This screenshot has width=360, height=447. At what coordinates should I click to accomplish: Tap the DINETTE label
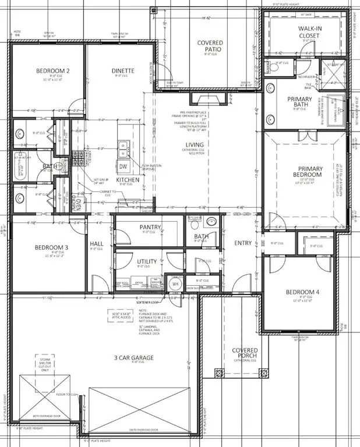click(123, 71)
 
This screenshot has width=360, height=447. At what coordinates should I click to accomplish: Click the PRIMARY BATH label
click(300, 102)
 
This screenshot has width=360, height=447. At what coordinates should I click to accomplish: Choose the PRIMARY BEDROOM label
click(306, 172)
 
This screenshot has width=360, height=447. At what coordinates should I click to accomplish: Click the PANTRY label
click(150, 227)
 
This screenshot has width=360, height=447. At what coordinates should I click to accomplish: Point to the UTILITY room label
click(147, 262)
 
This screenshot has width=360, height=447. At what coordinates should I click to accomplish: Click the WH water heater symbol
click(174, 285)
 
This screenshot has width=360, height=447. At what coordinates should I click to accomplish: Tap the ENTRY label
click(243, 243)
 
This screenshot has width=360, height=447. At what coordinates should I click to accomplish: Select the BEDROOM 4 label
click(301, 293)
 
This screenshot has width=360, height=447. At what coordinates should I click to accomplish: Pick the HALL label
click(97, 244)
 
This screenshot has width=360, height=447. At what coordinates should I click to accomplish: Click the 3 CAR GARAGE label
click(134, 357)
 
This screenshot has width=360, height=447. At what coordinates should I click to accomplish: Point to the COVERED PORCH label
click(245, 354)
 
